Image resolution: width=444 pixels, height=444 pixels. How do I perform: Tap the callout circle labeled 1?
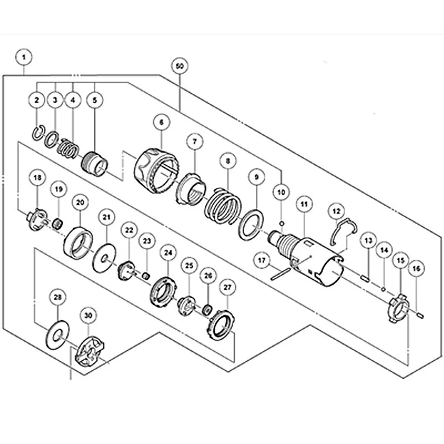tap(24, 56)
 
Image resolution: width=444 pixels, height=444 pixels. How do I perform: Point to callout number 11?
tap(304, 204)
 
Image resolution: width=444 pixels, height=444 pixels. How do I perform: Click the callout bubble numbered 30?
tap(88, 315)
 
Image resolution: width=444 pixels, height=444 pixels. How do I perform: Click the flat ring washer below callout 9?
tap(253, 226)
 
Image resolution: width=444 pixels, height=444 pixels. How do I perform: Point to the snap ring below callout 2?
tap(38, 133)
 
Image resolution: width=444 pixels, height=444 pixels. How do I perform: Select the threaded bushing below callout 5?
tap(95, 162)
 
